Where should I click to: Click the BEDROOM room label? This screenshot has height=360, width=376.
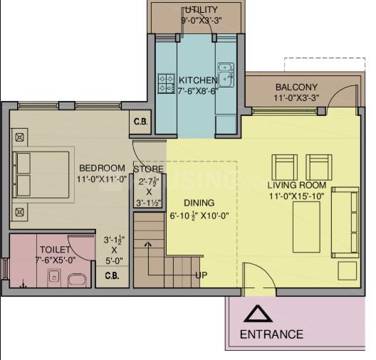[102, 168]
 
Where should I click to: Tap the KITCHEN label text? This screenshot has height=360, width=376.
[198, 80]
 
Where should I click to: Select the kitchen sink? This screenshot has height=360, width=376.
[226, 75]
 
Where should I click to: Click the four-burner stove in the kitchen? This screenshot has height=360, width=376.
[166, 83]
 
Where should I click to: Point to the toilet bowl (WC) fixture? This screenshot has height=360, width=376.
[77, 280]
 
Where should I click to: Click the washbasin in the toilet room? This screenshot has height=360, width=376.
[55, 277]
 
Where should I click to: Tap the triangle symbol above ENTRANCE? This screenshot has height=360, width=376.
[258, 313]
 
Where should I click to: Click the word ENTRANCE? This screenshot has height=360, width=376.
[271, 334]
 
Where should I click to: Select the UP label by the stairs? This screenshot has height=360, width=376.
[202, 275]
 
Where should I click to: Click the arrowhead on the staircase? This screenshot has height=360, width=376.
[148, 244]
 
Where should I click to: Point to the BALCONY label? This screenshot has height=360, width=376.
[296, 88]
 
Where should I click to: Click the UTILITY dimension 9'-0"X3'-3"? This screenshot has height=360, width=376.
[201, 20]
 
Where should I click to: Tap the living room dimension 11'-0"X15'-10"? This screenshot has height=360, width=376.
[297, 196]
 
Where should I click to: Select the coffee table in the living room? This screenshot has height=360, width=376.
[306, 227]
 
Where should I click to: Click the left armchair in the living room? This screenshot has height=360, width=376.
[285, 167]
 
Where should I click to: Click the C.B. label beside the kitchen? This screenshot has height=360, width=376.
[140, 122]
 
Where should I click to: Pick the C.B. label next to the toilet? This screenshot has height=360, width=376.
[112, 275]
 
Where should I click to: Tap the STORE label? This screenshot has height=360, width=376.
[148, 169]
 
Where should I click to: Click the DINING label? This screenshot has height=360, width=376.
[199, 203]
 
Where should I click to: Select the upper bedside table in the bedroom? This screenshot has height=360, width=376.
[19, 137]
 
